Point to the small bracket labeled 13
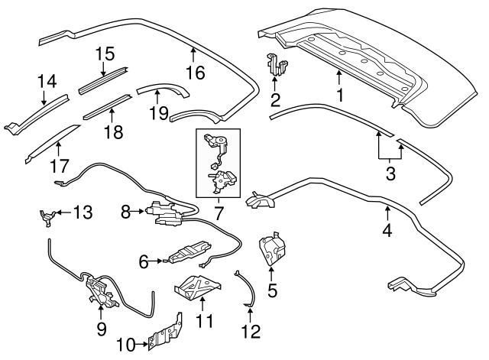46,216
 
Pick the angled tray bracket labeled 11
197,282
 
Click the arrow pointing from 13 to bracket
60,212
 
